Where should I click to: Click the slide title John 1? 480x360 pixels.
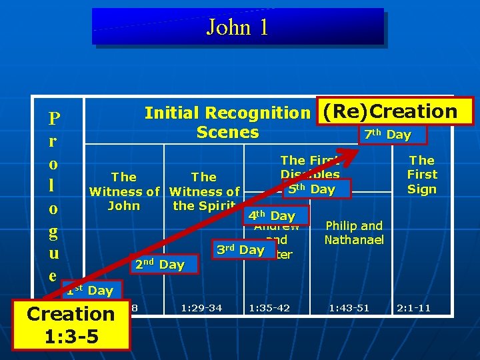(x=237, y=27)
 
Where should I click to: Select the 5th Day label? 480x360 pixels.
(x=310, y=189)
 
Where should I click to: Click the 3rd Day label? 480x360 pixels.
(x=240, y=250)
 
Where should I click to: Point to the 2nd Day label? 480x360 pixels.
(x=159, y=265)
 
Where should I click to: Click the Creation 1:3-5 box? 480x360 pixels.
(x=71, y=325)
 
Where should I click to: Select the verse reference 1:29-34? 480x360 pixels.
(x=201, y=308)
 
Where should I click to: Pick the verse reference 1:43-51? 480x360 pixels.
(x=349, y=308)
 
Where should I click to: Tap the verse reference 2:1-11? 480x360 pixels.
(x=413, y=308)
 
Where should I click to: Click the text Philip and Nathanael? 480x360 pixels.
(x=354, y=232)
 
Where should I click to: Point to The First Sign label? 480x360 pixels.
(x=422, y=175)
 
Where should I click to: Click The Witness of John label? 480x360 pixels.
(x=124, y=191)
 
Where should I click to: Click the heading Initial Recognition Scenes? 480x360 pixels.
(x=227, y=122)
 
